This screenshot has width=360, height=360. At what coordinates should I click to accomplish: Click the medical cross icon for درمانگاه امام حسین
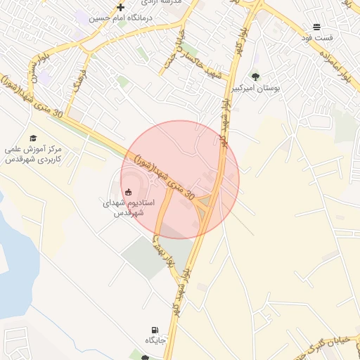[120, 7]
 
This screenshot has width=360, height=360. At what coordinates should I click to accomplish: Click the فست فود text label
[320, 37]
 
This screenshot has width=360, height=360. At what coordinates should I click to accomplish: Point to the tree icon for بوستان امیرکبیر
[255, 77]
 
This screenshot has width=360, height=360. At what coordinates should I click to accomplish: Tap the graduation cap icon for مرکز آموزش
[33, 138]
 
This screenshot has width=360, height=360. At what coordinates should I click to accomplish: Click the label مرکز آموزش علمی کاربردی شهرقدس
[33, 154]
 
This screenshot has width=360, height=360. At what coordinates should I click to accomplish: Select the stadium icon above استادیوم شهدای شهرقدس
[128, 191]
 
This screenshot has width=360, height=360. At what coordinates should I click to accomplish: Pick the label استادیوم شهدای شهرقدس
[128, 207]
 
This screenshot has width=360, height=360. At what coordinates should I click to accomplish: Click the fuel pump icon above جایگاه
[154, 330]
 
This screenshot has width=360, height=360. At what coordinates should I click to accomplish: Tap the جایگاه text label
[155, 341]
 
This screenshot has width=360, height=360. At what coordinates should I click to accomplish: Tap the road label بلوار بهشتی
[162, 252]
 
